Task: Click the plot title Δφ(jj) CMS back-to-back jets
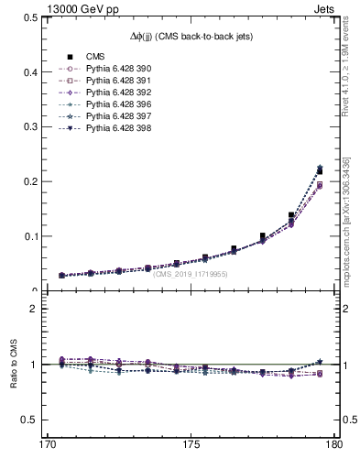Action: tap(189, 35)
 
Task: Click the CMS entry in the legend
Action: tap(89, 57)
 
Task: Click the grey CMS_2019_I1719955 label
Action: tap(190, 274)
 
